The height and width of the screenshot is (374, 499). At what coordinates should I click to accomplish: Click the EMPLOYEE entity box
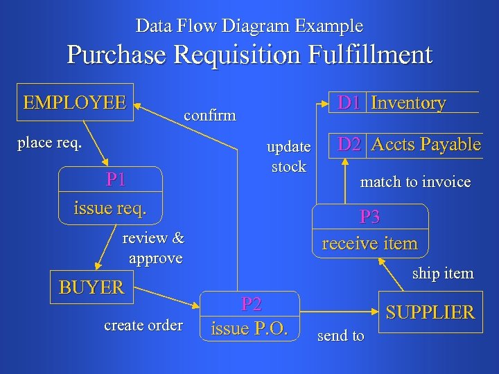point(74,103)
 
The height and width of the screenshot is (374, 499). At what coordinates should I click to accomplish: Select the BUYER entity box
point(91,287)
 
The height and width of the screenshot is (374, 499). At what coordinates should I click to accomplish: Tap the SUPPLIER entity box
point(430,312)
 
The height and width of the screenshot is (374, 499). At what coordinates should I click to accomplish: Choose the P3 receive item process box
point(370,231)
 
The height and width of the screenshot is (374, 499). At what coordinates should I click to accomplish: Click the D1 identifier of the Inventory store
point(348,103)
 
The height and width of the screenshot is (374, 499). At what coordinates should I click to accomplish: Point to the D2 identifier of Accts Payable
point(348,144)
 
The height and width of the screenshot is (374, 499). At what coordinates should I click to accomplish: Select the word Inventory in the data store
point(408,103)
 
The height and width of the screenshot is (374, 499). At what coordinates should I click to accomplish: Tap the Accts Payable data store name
point(426,144)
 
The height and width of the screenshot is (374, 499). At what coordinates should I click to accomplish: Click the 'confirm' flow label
point(209,114)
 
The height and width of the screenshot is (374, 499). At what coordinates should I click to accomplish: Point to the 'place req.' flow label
point(50,143)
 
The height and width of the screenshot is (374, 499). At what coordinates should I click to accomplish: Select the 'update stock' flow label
point(288,157)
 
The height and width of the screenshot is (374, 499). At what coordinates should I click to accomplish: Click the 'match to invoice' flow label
point(415,182)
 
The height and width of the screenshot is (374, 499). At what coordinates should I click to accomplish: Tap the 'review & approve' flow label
point(154,248)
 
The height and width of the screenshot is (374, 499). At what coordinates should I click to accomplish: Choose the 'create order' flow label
point(143,325)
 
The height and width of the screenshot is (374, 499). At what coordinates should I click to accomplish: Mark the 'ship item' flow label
point(443,273)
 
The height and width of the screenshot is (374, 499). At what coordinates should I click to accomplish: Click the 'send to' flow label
point(340,336)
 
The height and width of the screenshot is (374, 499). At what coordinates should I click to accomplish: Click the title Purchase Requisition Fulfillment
point(249,54)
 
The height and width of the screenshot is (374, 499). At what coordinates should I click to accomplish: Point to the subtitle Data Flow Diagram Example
point(249,26)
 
